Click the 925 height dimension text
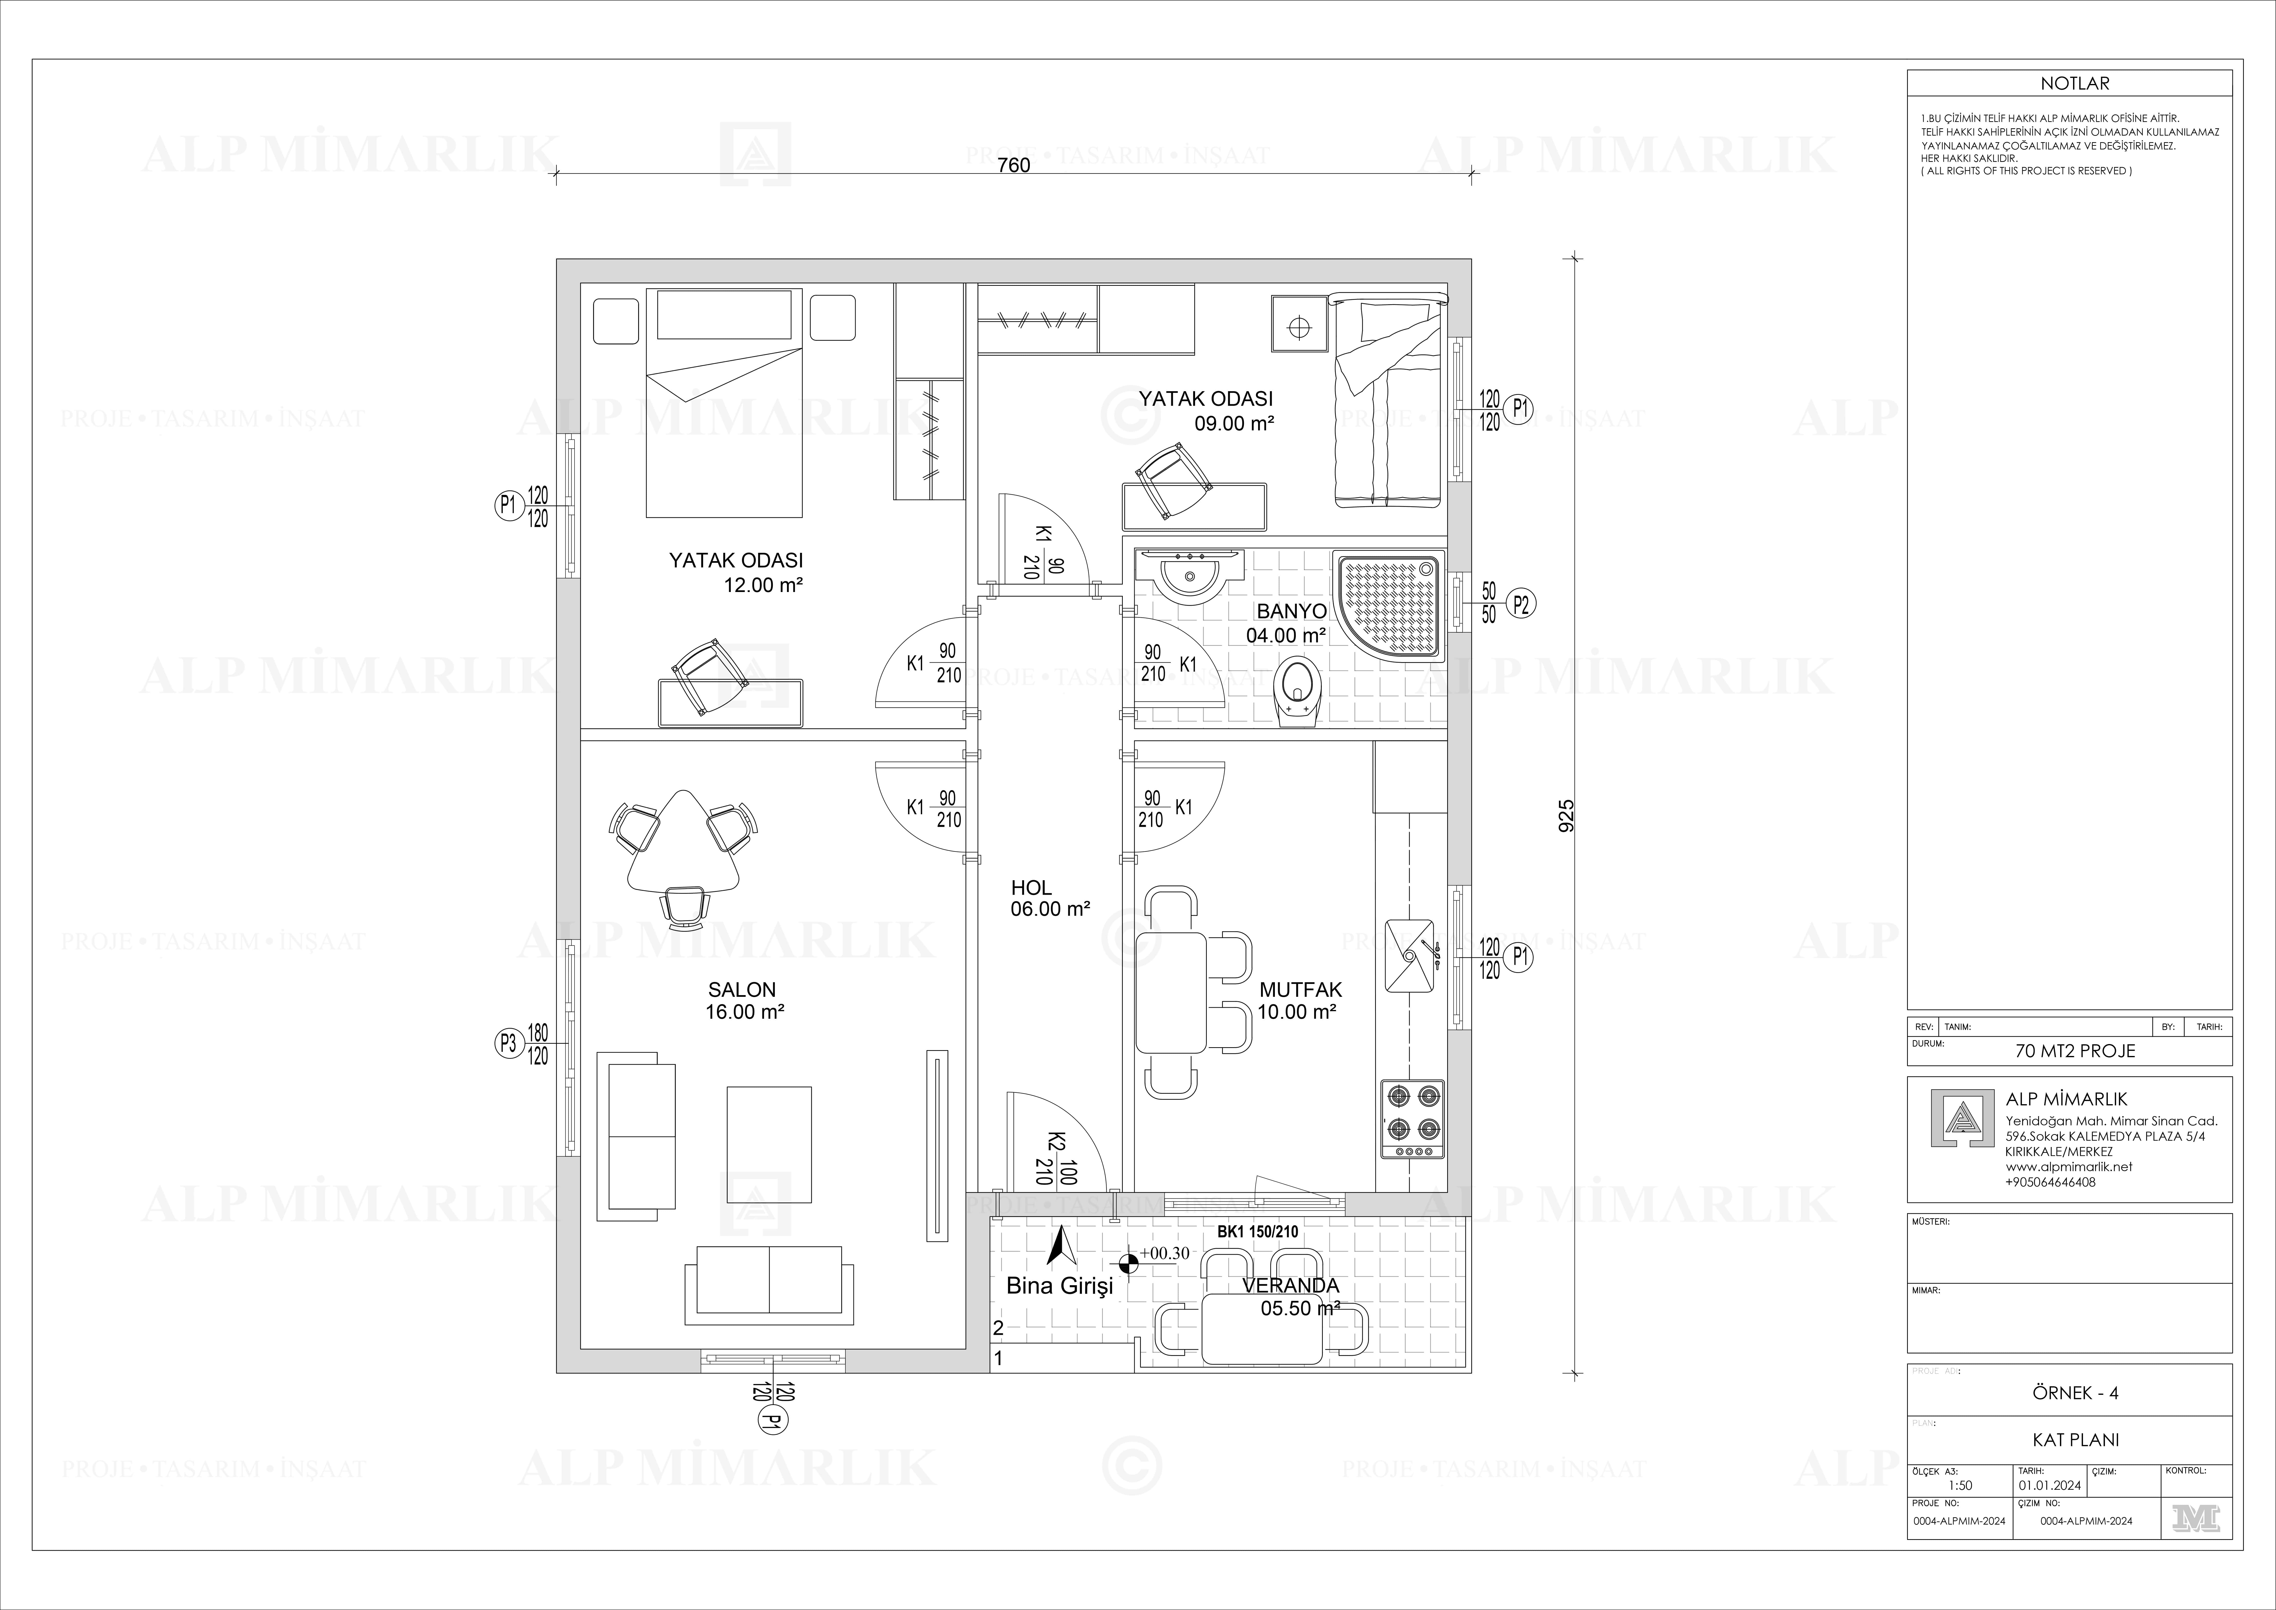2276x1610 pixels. tap(1566, 815)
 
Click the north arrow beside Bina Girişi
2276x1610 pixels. tap(1061, 1246)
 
